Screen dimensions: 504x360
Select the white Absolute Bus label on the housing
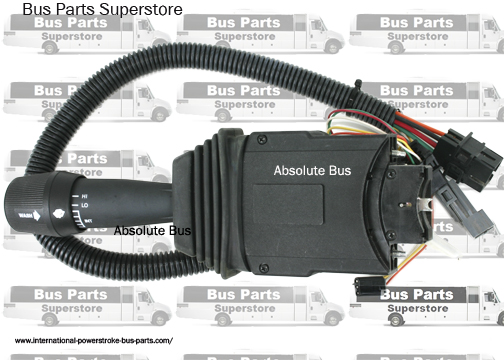[313, 171]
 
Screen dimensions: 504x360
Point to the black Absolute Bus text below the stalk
[152, 230]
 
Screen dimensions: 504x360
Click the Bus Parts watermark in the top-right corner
[416, 21]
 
